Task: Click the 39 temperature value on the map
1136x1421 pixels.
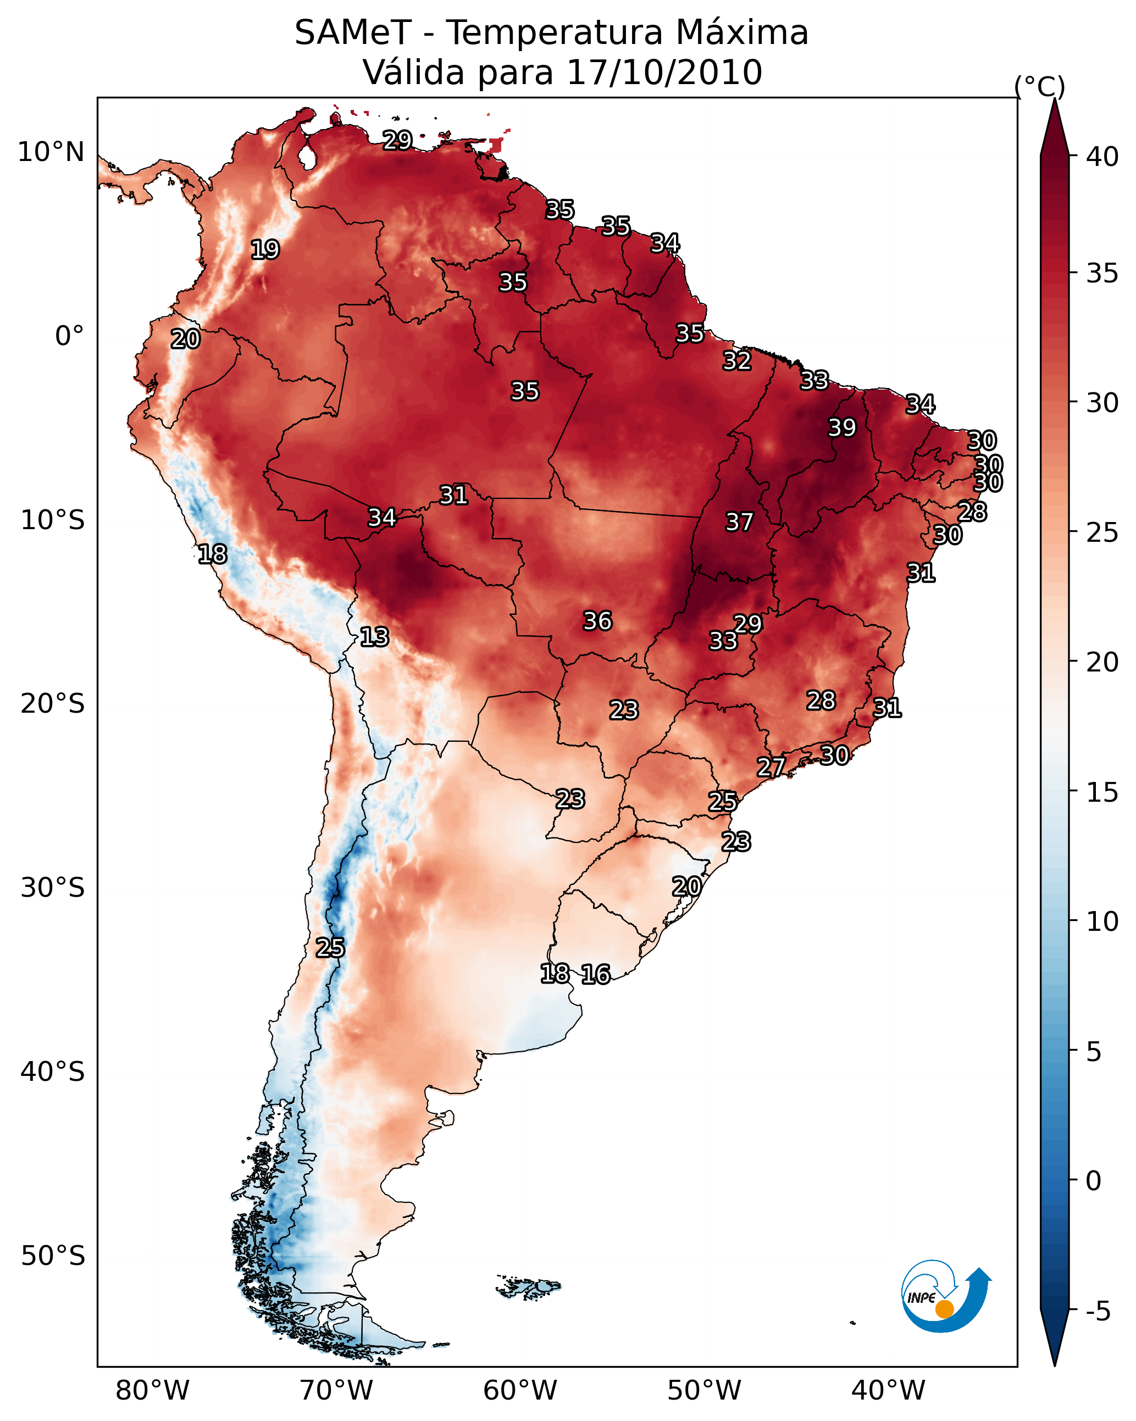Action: [x=842, y=428]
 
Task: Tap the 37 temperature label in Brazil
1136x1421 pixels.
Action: [x=739, y=522]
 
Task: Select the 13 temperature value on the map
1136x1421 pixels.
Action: [x=374, y=637]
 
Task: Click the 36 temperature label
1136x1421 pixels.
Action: [x=597, y=620]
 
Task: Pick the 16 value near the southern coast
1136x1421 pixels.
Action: [x=595, y=974]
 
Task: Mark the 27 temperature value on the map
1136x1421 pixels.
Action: [x=771, y=767]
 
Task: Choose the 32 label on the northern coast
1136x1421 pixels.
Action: [x=736, y=360]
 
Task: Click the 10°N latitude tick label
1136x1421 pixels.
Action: [x=51, y=152]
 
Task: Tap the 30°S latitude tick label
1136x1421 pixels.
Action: [x=53, y=888]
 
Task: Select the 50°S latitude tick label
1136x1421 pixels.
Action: [x=53, y=1256]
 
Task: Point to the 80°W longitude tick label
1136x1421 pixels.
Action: [x=152, y=1390]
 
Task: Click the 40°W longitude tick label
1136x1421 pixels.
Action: [x=888, y=1390]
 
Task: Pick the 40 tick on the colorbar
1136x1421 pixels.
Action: [x=1102, y=157]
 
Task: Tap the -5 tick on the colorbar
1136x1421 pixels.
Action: [x=1098, y=1311]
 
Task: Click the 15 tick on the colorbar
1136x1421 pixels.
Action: [x=1102, y=792]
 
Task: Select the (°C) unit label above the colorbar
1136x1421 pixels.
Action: [x=1040, y=86]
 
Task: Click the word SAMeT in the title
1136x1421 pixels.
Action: [x=353, y=33]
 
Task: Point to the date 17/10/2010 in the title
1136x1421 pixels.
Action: [x=664, y=73]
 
